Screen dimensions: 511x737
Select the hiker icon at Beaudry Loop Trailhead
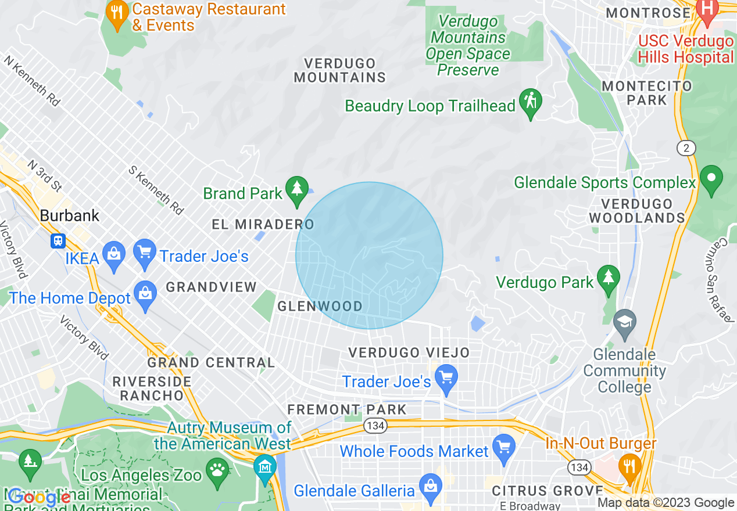pyautogui.click(x=530, y=102)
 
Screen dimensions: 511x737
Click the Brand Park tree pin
pyautogui.click(x=297, y=189)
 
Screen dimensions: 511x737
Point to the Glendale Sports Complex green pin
pyautogui.click(x=711, y=179)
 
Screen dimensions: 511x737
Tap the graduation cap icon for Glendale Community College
pyautogui.click(x=625, y=323)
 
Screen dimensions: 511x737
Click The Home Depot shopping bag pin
pyautogui.click(x=145, y=295)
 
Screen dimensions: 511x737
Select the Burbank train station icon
pyautogui.click(x=58, y=240)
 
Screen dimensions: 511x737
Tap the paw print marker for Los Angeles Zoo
pyautogui.click(x=218, y=471)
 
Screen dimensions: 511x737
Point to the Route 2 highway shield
pyautogui.click(x=686, y=148)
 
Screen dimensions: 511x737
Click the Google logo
pyautogui.click(x=40, y=498)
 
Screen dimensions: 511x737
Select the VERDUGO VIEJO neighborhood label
pyautogui.click(x=409, y=352)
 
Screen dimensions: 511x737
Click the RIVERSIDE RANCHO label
pyautogui.click(x=152, y=388)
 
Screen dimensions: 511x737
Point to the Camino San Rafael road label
pyautogui.click(x=722, y=279)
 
